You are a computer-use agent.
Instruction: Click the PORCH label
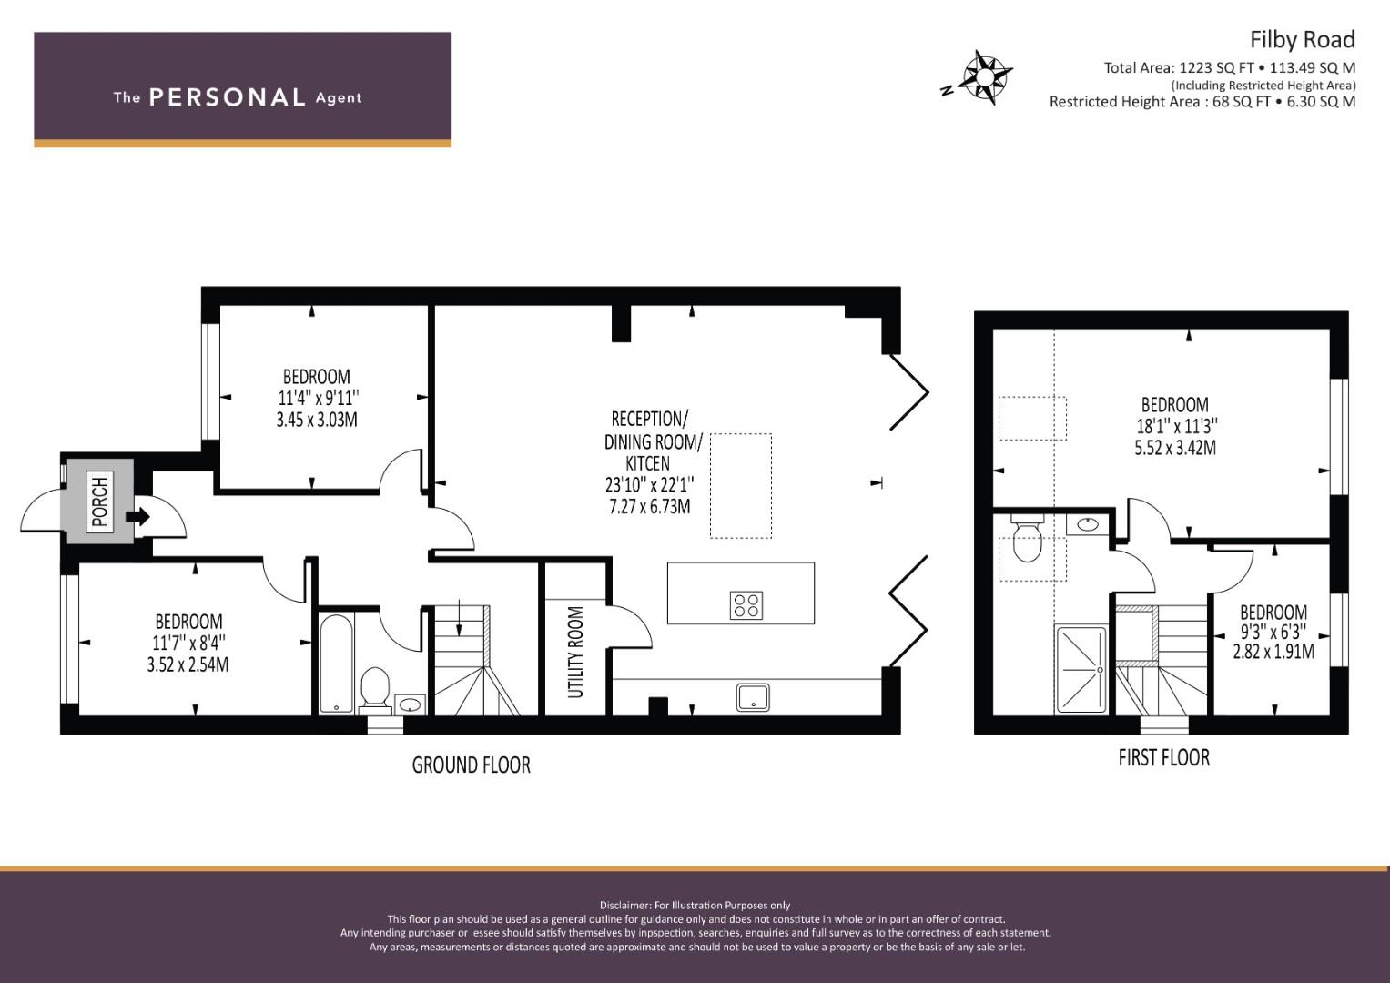pyautogui.click(x=99, y=502)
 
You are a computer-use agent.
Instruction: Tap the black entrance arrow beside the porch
pyautogui.click(x=137, y=516)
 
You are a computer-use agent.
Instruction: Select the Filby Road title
pyautogui.click(x=1302, y=40)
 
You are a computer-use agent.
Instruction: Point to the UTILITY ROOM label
pyautogui.click(x=575, y=652)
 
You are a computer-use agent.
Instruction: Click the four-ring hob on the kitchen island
pyautogui.click(x=746, y=605)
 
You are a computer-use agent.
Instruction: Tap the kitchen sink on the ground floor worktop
pyautogui.click(x=754, y=697)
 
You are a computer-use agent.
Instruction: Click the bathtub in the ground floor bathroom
pyautogui.click(x=336, y=663)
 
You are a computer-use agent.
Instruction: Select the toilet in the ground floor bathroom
pyautogui.click(x=375, y=687)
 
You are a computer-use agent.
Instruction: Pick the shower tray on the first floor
pyautogui.click(x=1081, y=669)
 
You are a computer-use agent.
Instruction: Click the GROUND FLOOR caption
pyautogui.click(x=471, y=765)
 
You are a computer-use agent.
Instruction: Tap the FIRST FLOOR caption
pyautogui.click(x=1164, y=757)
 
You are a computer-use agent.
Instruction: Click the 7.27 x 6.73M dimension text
pyautogui.click(x=650, y=506)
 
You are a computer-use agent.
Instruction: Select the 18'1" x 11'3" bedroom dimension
pyautogui.click(x=1176, y=426)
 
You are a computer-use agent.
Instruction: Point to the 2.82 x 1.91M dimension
pyautogui.click(x=1273, y=652)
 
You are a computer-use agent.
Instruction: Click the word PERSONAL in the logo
pyautogui.click(x=228, y=97)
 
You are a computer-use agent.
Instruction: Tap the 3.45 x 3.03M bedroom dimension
pyautogui.click(x=317, y=420)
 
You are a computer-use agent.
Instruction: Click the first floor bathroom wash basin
pyautogui.click(x=1087, y=524)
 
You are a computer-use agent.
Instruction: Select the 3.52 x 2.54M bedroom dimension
pyautogui.click(x=188, y=664)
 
